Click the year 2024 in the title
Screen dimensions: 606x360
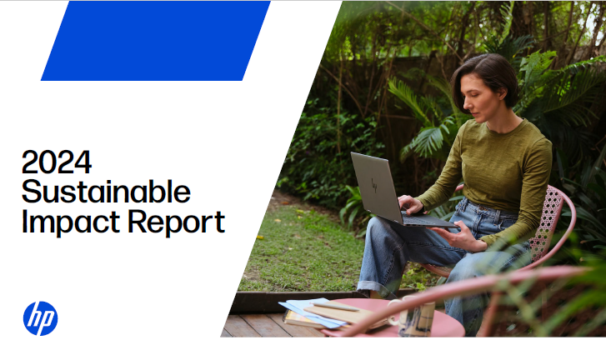click(57, 162)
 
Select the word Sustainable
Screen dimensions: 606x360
click(107, 191)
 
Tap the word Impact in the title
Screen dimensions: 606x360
click(71, 222)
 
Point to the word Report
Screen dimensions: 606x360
click(176, 222)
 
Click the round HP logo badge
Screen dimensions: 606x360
click(40, 318)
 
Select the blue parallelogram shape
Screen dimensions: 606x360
click(155, 41)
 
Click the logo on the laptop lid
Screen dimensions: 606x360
click(374, 185)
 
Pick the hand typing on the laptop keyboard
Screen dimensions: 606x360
click(412, 204)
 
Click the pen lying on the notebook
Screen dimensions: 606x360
click(335, 307)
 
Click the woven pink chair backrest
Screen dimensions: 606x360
click(545, 222)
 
